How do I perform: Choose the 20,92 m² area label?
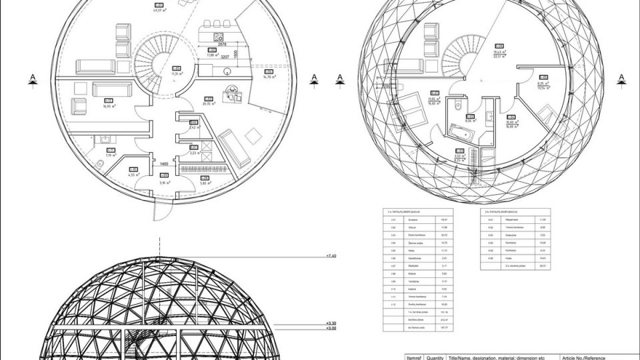(208, 104)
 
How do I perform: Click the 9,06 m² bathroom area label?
(469, 121)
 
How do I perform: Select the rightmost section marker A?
(621, 79)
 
